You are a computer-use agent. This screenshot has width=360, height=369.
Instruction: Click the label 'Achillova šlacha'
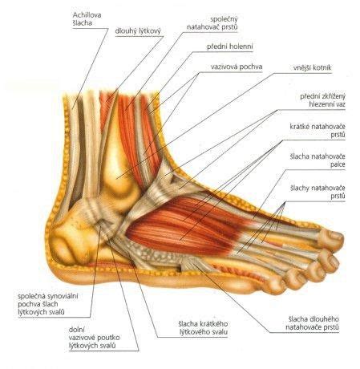(x=87, y=18)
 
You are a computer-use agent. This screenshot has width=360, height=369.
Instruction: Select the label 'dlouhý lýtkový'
(x=138, y=31)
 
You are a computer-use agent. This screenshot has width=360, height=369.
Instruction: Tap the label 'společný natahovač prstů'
(x=212, y=23)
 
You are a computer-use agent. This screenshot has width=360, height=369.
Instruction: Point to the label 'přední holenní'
(x=230, y=47)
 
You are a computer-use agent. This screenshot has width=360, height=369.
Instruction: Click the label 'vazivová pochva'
(x=237, y=67)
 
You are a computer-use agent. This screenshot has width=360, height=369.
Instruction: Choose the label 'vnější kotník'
(x=312, y=67)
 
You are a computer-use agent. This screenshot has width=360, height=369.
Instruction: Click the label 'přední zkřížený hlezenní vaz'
(x=322, y=100)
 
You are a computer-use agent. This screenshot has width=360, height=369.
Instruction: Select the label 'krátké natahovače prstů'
(x=318, y=130)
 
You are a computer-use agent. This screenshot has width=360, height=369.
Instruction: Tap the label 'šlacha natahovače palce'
(x=318, y=160)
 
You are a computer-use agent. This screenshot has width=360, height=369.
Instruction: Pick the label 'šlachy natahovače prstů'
(x=318, y=192)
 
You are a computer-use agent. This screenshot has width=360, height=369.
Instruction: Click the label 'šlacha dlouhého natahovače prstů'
(x=312, y=323)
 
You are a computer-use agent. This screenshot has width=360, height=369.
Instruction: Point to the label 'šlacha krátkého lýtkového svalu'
(x=203, y=328)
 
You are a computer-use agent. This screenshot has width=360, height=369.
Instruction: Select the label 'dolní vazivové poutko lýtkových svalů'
(x=94, y=338)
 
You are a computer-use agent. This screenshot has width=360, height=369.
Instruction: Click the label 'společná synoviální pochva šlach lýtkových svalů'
(x=48, y=304)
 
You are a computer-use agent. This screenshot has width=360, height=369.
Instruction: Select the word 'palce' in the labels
(x=338, y=164)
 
